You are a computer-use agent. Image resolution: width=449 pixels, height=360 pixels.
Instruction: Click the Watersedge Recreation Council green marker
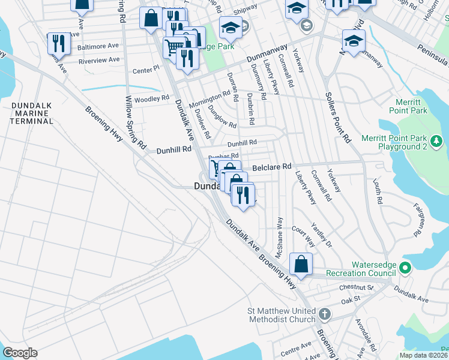(x=405, y=268)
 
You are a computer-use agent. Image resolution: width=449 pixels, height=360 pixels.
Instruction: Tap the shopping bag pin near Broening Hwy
(x=300, y=265)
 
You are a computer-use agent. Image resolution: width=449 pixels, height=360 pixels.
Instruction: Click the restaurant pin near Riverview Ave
(x=58, y=43)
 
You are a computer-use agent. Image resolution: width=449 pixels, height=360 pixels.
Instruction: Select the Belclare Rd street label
(x=271, y=166)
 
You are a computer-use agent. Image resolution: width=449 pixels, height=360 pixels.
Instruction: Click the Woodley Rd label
(x=151, y=99)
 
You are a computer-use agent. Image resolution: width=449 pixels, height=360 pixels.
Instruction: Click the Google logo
(x=20, y=352)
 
